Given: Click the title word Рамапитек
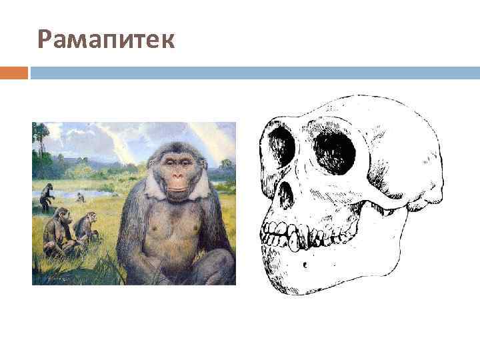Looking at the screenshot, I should pos(107,40).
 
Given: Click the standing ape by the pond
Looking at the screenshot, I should pos(46,197).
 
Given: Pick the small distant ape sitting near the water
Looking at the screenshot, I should pos(80,197).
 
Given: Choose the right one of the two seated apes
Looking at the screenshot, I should pos(85,228).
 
